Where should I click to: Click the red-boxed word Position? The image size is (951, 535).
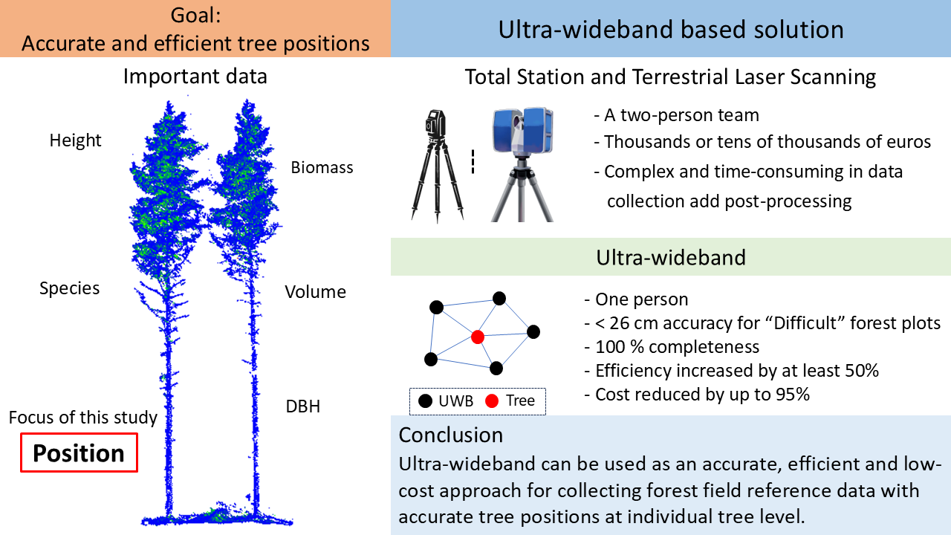coord(79,453)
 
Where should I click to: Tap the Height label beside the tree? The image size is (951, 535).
coord(75,140)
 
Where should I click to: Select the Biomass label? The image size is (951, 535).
coord(322,167)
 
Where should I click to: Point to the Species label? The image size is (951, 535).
coord(69,288)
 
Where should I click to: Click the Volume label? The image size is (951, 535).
coord(315,292)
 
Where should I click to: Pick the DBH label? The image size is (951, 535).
coord(302,406)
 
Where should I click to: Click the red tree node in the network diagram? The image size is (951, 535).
coord(478,337)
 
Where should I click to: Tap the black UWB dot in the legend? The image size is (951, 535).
coord(425,401)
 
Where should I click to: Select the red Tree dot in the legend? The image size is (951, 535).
coord(491,401)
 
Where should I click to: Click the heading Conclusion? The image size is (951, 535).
coord(450,434)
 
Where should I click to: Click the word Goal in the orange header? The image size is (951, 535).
coord(195,15)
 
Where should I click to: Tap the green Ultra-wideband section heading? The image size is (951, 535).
coord(670,257)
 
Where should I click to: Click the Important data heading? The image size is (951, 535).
coord(195,77)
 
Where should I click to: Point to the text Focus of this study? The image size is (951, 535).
coord(83,418)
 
